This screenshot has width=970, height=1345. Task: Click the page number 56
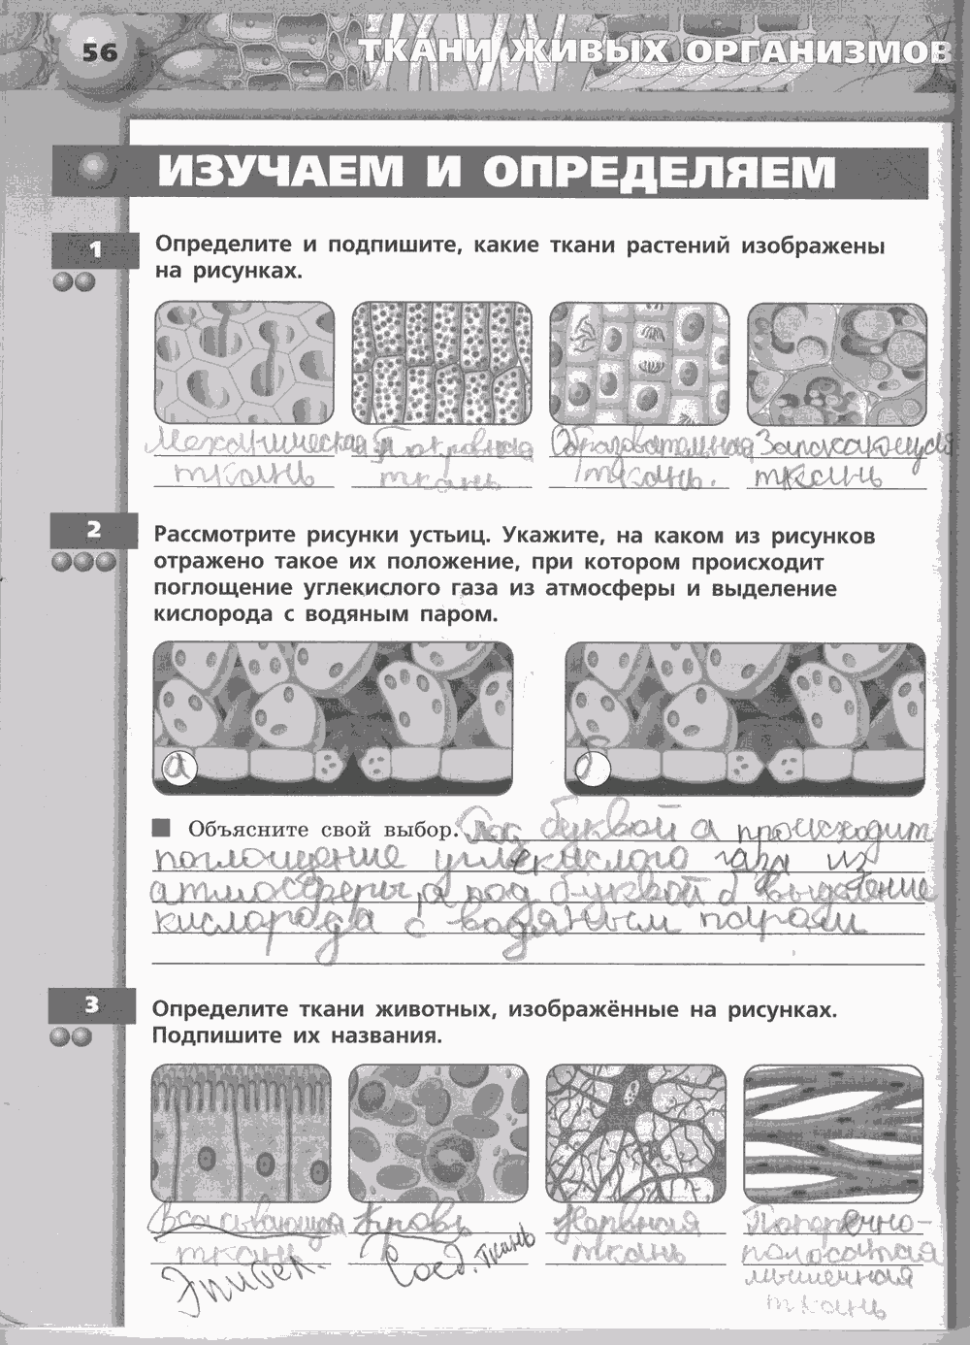pos(99,51)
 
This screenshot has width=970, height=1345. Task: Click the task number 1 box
pos(95,251)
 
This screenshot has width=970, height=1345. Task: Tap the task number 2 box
pos(94,530)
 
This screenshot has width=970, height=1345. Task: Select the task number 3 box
pos(92,1005)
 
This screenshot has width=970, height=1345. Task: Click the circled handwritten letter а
pos(178,769)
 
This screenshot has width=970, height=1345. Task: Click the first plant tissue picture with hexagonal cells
pos(243,363)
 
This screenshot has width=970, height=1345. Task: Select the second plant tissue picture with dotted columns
pos(441,363)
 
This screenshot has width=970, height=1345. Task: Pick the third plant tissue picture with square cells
pos(639,363)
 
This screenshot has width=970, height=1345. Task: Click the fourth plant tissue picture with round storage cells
pos(837,363)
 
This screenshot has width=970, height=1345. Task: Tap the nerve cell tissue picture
pos(635,1132)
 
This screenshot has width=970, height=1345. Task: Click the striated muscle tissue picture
pos(833,1132)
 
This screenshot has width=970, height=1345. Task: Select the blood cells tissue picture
pos(437,1132)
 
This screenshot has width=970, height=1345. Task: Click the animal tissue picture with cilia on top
pos(242,1132)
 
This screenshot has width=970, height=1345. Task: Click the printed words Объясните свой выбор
pos(321,830)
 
